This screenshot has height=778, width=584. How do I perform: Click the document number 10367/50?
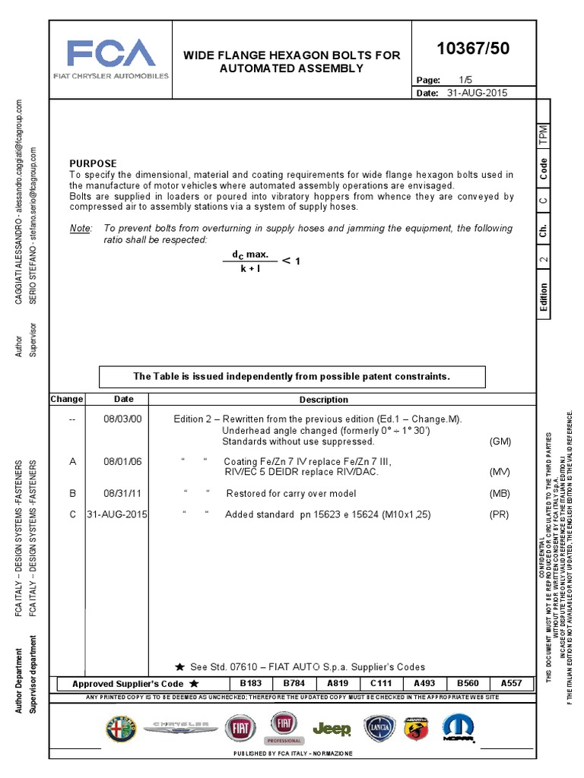tap(472, 49)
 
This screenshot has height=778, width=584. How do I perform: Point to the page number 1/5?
tap(466, 80)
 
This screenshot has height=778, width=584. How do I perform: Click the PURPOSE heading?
tap(94, 163)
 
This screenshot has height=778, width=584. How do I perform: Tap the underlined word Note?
tap(80, 228)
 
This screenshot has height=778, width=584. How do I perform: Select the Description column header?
tap(323, 400)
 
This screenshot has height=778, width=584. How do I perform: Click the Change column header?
tap(67, 400)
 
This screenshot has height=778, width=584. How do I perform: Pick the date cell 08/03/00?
tap(123, 419)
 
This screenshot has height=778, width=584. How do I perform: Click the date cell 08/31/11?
tap(123, 493)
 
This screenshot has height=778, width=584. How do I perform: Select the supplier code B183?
tap(250, 683)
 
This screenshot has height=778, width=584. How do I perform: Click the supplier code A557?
tap(511, 683)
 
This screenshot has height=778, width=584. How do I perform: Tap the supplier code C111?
tap(380, 683)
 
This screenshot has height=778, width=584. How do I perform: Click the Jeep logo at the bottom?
tap(332, 730)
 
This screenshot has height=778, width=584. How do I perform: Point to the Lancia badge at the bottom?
tap(378, 729)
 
